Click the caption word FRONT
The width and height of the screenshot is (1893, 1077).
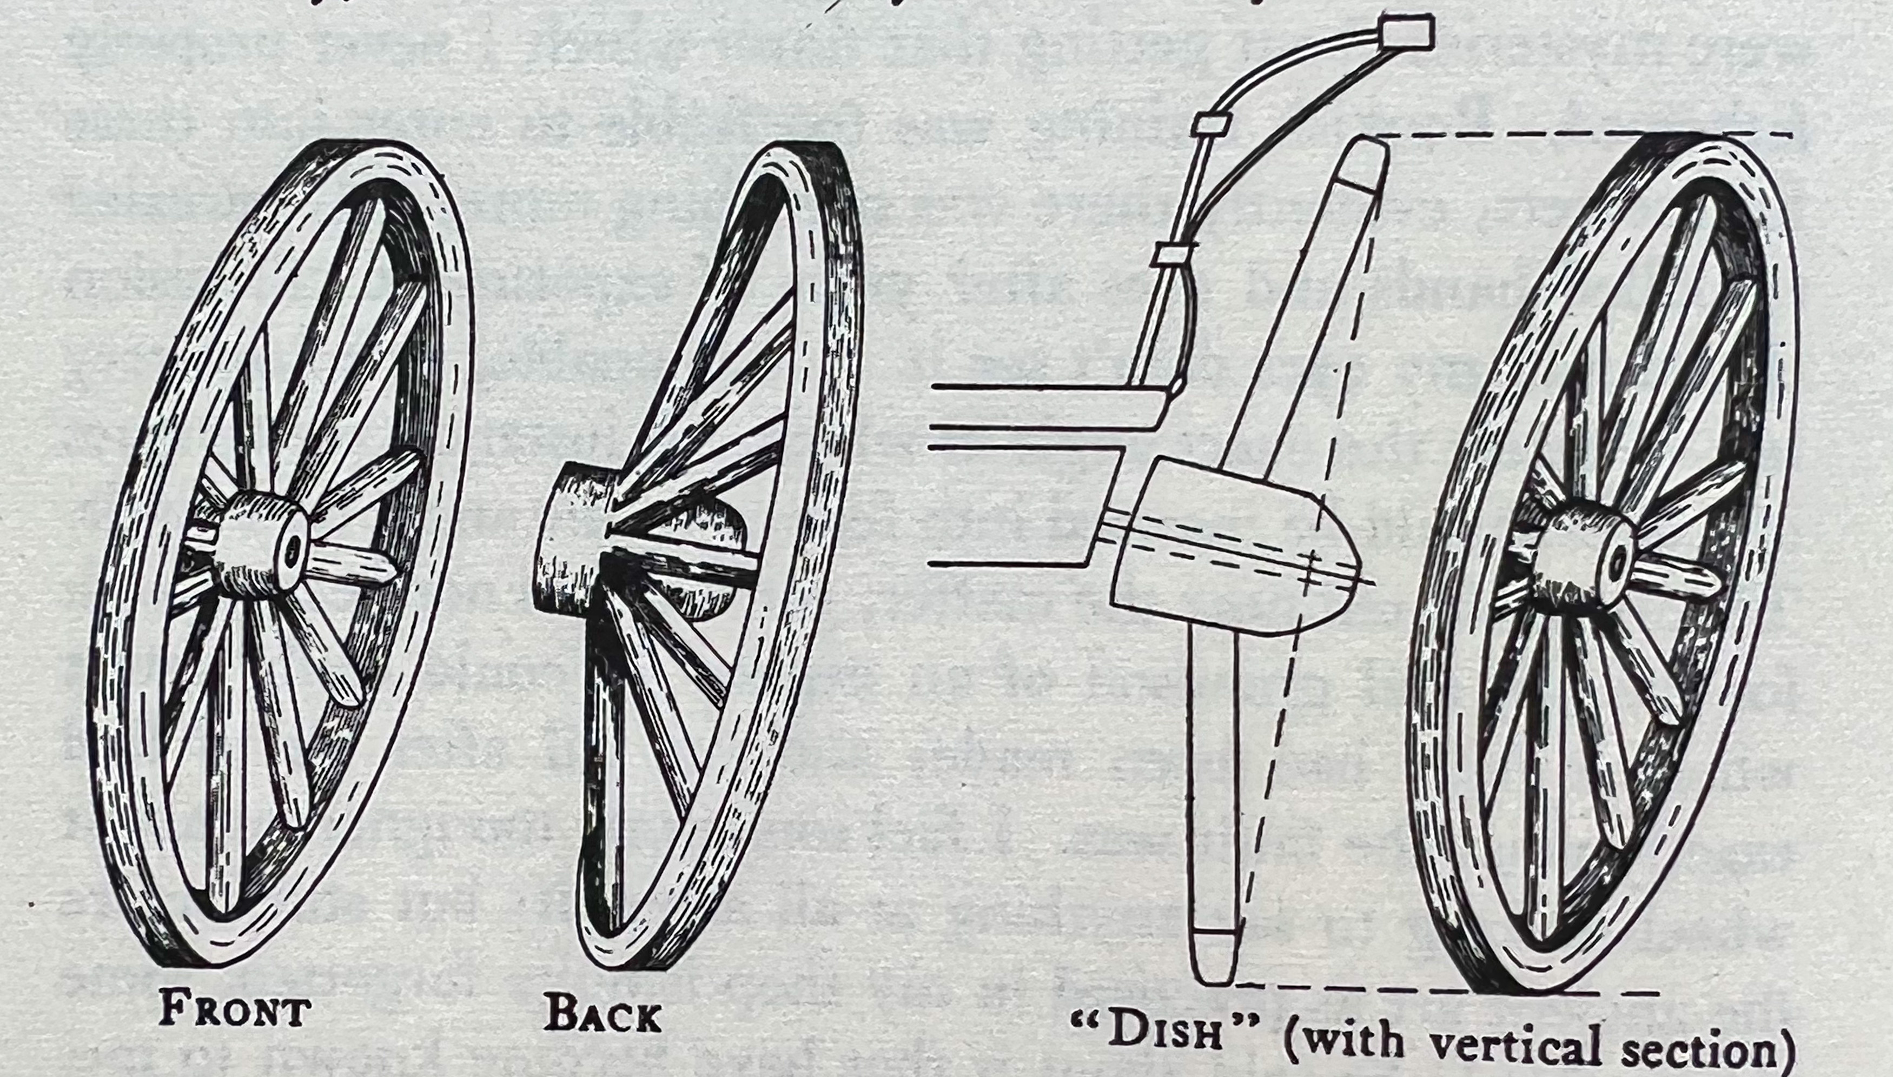click(x=235, y=1010)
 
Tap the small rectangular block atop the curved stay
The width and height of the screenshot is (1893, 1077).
click(x=1407, y=34)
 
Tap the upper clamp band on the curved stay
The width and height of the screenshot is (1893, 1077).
click(x=1211, y=123)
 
